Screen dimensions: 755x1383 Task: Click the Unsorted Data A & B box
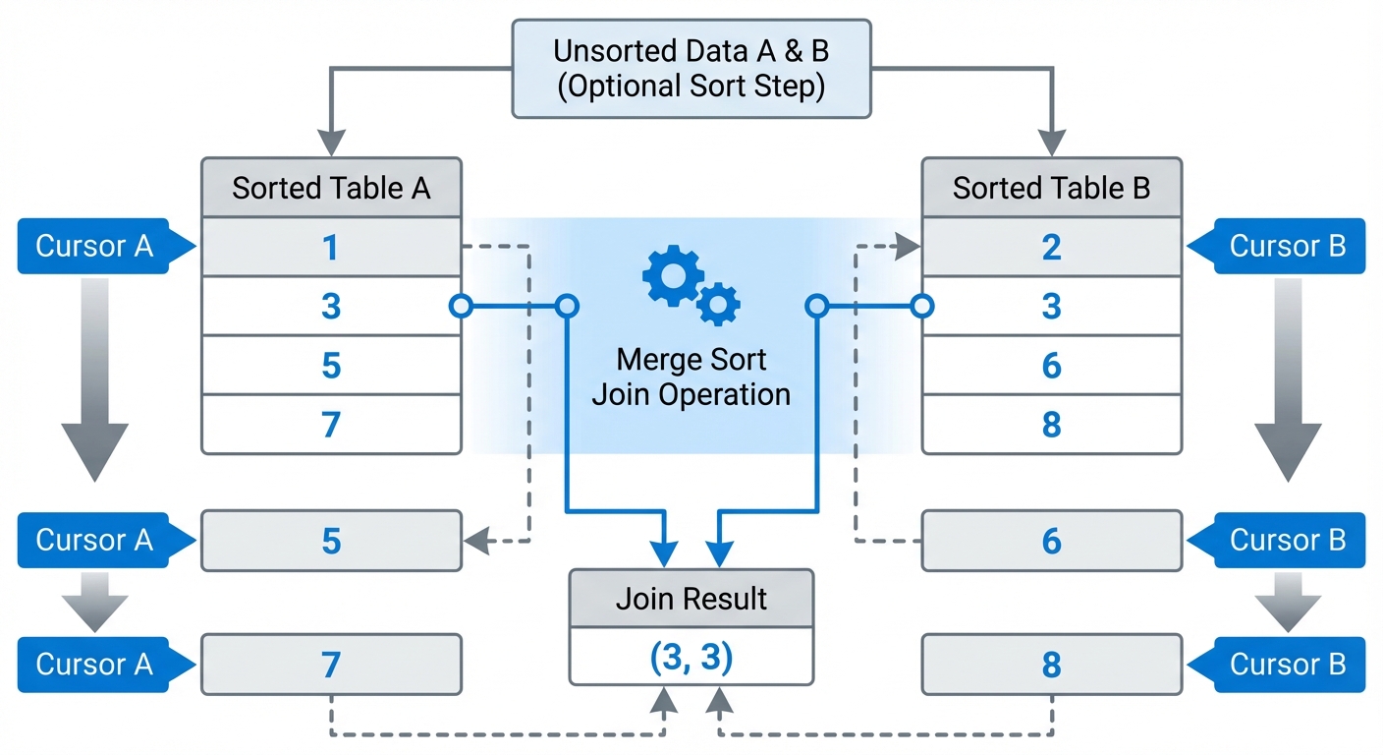[691, 69]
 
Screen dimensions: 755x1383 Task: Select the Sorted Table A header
[331, 188]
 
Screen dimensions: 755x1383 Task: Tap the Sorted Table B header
[1051, 188]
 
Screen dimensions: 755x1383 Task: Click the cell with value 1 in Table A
[331, 247]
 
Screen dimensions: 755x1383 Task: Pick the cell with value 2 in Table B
[1051, 247]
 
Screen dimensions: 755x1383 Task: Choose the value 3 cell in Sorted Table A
[331, 307]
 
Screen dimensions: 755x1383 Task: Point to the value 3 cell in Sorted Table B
[1051, 307]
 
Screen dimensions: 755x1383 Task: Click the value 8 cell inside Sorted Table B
[1051, 425]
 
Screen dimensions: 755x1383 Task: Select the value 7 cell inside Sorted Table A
[331, 425]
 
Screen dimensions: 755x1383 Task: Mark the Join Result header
[691, 599]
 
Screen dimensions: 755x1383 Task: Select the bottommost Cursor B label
[1287, 665]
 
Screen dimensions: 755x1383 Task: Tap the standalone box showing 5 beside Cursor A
[331, 541]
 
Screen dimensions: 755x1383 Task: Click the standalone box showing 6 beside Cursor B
[1051, 541]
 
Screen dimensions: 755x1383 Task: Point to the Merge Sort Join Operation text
[691, 377]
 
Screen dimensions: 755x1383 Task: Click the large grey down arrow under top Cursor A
[95, 383]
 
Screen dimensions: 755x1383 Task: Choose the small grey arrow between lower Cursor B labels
[1287, 603]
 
